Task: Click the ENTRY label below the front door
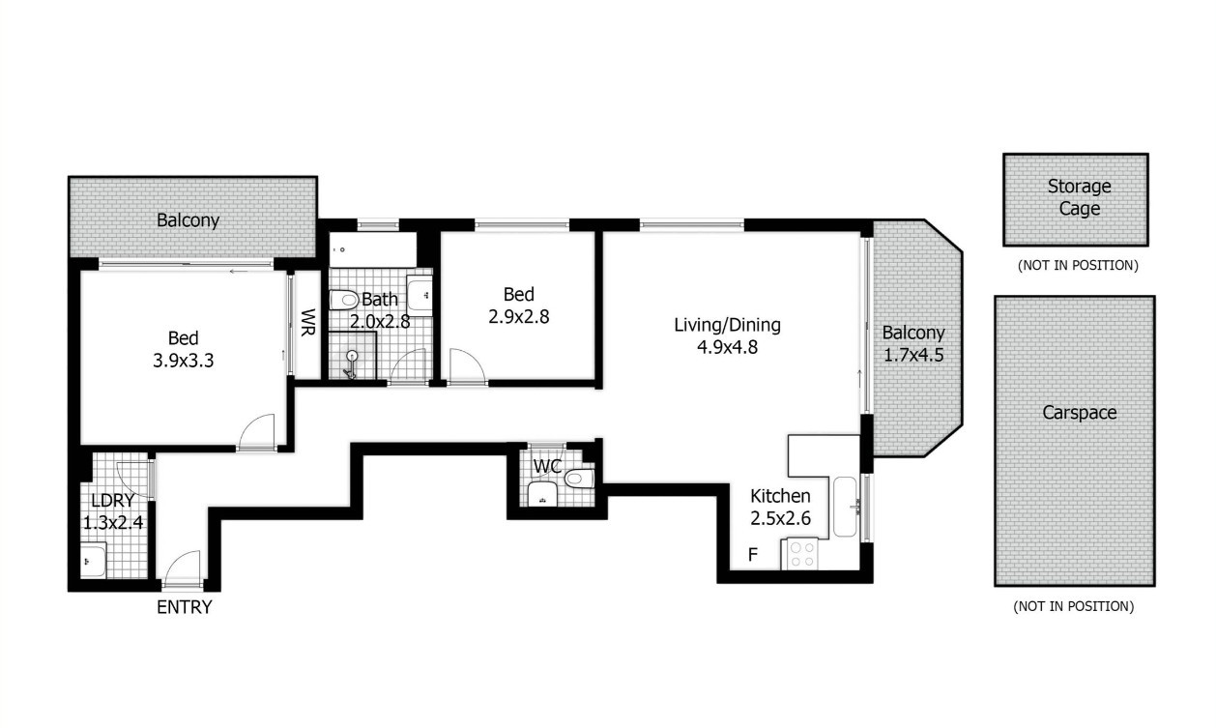click(x=184, y=606)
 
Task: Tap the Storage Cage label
click(x=1079, y=197)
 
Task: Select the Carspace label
click(x=1079, y=413)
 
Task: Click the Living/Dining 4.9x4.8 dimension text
click(x=728, y=346)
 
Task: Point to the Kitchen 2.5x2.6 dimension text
click(x=781, y=518)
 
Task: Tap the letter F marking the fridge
click(x=752, y=554)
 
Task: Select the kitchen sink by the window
click(x=845, y=507)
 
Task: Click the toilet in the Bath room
click(x=343, y=300)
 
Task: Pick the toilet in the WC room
click(x=579, y=479)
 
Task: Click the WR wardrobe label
click(x=307, y=323)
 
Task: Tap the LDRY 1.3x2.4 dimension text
click(x=113, y=522)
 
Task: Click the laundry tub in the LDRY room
click(x=94, y=561)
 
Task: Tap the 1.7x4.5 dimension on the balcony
click(x=913, y=355)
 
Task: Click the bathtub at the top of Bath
click(x=373, y=249)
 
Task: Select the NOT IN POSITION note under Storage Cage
click(x=1078, y=266)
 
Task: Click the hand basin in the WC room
click(x=541, y=494)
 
